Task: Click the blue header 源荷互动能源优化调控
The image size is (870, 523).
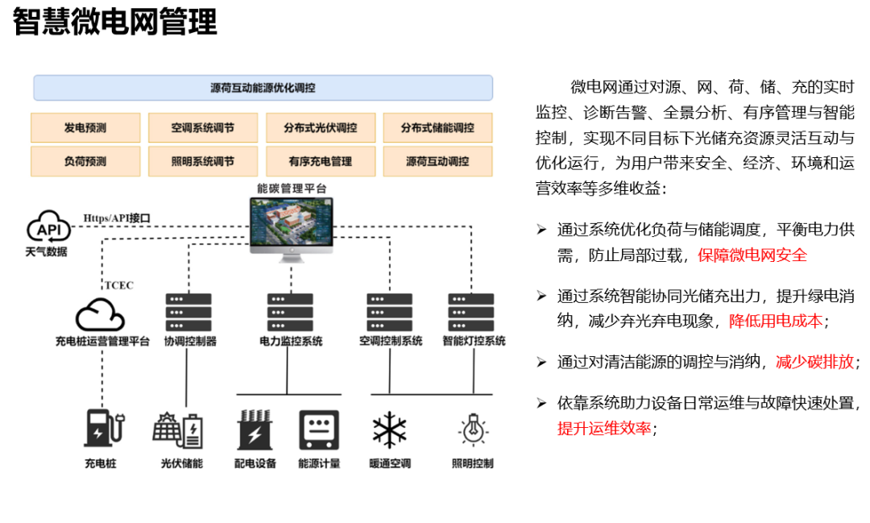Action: coord(263,88)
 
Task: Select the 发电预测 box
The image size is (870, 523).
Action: coord(85,127)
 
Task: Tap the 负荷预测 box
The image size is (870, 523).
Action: coord(85,161)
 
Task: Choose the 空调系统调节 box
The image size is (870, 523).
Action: coord(203,127)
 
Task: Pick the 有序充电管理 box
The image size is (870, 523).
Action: coord(321,161)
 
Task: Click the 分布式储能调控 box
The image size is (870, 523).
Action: coord(437,127)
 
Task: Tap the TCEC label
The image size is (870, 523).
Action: coord(119,285)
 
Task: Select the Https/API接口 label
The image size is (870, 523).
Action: coord(117,218)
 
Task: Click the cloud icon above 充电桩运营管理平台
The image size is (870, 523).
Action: coord(100,313)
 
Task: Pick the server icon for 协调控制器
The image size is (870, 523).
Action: coord(188,312)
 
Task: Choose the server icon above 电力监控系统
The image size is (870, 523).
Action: coord(290,312)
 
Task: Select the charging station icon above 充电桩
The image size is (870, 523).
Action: coord(102,428)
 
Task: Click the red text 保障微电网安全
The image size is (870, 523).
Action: coord(752,255)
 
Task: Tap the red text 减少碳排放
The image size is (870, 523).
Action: coord(814,362)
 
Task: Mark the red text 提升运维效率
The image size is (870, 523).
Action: coord(604,429)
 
